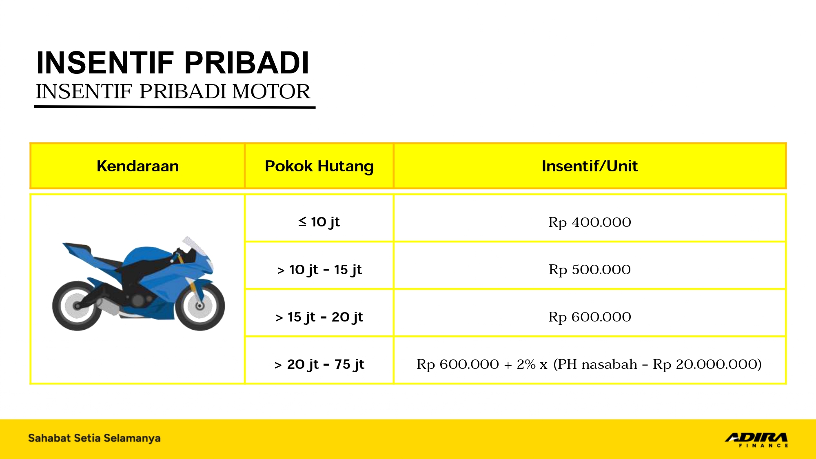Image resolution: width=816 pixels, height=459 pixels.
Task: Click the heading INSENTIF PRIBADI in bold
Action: click(173, 63)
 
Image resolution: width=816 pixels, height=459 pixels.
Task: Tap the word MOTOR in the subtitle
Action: click(271, 91)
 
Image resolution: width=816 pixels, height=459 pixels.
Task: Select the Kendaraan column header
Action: click(137, 166)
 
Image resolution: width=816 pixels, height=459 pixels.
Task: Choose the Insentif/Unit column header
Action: click(590, 166)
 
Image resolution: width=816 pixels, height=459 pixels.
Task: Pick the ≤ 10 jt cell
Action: click(319, 222)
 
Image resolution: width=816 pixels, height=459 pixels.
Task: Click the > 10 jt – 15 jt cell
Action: click(319, 270)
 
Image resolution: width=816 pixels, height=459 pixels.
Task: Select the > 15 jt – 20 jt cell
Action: click(319, 317)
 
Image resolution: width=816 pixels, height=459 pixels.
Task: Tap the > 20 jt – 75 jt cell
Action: click(319, 364)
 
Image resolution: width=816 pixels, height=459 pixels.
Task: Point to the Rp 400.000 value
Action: click(590, 222)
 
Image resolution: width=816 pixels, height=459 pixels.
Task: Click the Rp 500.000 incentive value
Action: click(590, 270)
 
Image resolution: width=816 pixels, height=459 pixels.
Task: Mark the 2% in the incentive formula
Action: click(526, 364)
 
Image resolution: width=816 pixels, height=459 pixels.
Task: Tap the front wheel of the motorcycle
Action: click(200, 306)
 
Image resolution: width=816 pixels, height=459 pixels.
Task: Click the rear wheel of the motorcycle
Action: click(77, 306)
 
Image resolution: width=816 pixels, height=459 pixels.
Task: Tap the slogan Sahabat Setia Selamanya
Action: click(94, 438)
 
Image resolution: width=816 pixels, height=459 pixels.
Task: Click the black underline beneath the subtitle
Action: click(175, 107)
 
